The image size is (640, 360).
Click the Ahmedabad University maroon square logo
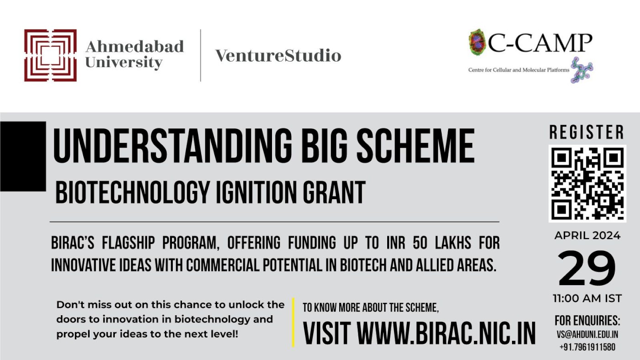pos(50,55)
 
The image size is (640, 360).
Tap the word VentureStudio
pos(278,56)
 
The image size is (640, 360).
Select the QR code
pos(587,183)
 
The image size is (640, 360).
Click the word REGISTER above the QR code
pos(587,132)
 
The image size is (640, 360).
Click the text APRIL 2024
pos(587,236)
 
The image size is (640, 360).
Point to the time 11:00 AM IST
pos(587,299)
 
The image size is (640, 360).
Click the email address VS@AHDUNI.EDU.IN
pos(587,334)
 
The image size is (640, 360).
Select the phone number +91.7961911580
pos(587,347)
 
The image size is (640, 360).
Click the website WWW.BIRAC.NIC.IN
pos(446,334)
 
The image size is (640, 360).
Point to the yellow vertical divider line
pos(293,323)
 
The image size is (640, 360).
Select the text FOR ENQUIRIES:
pos(587,320)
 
